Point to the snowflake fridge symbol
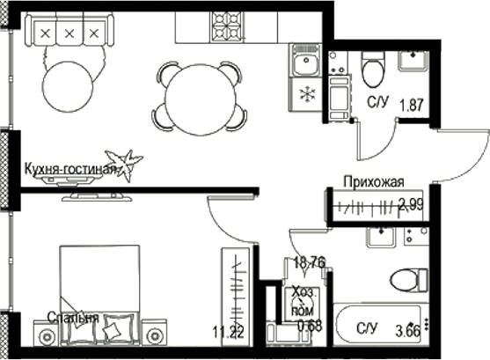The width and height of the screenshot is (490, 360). pyautogui.click(x=306, y=94)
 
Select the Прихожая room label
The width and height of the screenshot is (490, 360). pyautogui.click(x=374, y=182)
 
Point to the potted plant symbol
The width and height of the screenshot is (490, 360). pyautogui.click(x=128, y=163)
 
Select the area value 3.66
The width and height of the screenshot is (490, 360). pyautogui.click(x=407, y=331)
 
